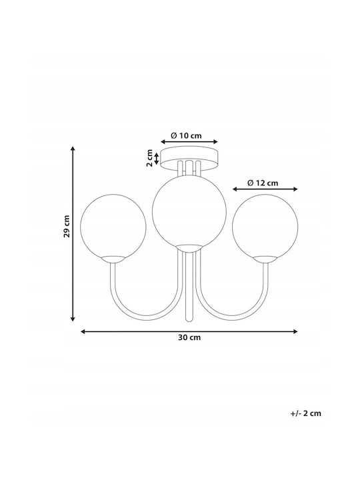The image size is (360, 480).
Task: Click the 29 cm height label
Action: tap(67, 226)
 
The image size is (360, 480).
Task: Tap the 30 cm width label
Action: tap(189, 337)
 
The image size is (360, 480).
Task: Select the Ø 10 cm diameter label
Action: tap(187, 135)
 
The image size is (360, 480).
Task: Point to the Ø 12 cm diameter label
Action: tap(263, 183)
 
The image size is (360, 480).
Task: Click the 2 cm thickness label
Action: tap(149, 158)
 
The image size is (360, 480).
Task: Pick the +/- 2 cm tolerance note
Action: tap(306, 413)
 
